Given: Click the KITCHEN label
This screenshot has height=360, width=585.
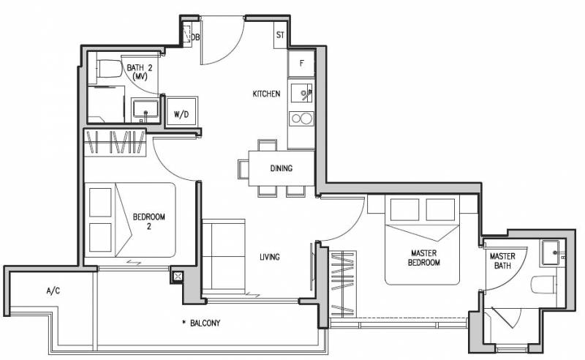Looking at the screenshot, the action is point(266,94).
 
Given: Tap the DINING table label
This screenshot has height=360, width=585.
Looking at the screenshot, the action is point(282,168).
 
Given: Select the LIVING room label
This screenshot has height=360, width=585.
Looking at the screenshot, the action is point(270,257).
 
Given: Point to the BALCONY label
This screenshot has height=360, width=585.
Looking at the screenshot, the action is point(205,323).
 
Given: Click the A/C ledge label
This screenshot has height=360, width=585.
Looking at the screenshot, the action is point(53,290).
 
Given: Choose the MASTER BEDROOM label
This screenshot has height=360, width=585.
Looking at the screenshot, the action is point(423,258).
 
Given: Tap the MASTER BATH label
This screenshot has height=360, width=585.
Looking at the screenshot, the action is point(502,260).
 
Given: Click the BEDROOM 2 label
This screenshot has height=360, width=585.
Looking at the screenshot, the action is point(149,221).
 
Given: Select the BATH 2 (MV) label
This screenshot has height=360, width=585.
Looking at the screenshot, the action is point(140,72).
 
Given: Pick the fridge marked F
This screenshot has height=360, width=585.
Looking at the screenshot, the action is point(301,64).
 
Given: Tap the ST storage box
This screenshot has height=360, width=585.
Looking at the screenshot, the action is point(281,35).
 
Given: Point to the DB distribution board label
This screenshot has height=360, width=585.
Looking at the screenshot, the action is point(195,37).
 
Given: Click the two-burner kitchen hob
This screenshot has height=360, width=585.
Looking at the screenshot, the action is point(302,119).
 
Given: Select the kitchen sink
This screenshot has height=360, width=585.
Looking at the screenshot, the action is point(301,93).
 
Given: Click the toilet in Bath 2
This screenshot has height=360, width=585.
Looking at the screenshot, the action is point(109,69).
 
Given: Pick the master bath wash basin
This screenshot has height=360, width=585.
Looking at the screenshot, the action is point(551,254).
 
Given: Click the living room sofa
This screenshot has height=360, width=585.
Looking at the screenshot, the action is point(224,257).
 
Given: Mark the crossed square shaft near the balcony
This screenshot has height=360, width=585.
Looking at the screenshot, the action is point(178,277).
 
